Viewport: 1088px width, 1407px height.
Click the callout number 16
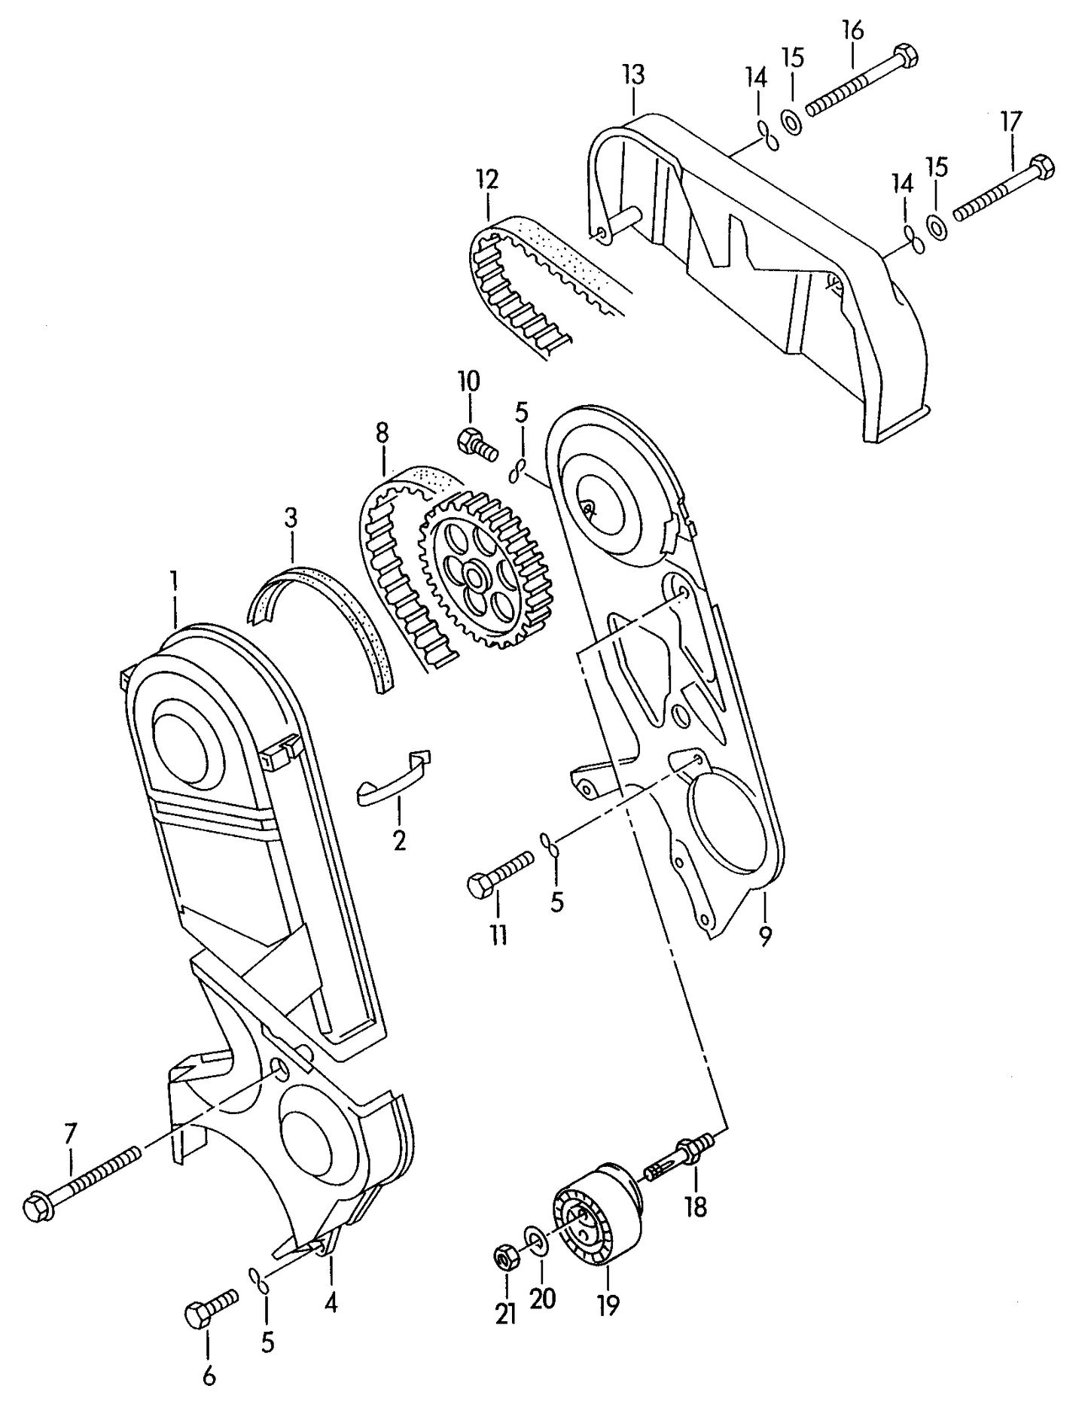tap(852, 32)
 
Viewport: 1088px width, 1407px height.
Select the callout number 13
tap(633, 75)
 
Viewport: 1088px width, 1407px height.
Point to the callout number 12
tap(487, 180)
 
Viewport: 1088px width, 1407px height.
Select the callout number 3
tap(291, 518)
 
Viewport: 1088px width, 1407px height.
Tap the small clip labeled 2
tap(394, 776)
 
